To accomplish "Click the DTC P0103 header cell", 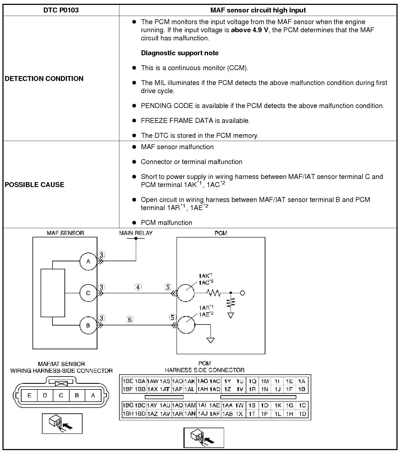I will tap(61, 10).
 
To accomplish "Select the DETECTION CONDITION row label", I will tap(44, 78).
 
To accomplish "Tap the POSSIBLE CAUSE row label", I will tap(35, 185).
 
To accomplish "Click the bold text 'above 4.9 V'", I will tap(250, 30).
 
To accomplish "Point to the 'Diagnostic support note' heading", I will tap(180, 53).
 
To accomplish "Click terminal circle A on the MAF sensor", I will tap(88, 261).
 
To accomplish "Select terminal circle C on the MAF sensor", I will tap(88, 293).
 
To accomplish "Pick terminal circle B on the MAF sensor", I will tap(88, 325).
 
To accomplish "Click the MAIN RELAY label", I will tap(136, 233).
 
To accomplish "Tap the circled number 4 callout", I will tap(138, 287).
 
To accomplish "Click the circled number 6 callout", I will tap(130, 320).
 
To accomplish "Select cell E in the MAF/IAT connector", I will tap(29, 395).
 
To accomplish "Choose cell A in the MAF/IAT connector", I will tap(93, 395).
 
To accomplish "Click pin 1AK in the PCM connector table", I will tap(190, 381).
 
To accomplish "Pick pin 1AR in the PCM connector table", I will tap(178, 414).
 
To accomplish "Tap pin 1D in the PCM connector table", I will tap(302, 414).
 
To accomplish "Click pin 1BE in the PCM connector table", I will tap(128, 381).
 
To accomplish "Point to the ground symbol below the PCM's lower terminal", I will tap(211, 340).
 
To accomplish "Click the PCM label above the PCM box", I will tap(221, 233).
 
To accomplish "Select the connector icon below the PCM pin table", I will tap(204, 438).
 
